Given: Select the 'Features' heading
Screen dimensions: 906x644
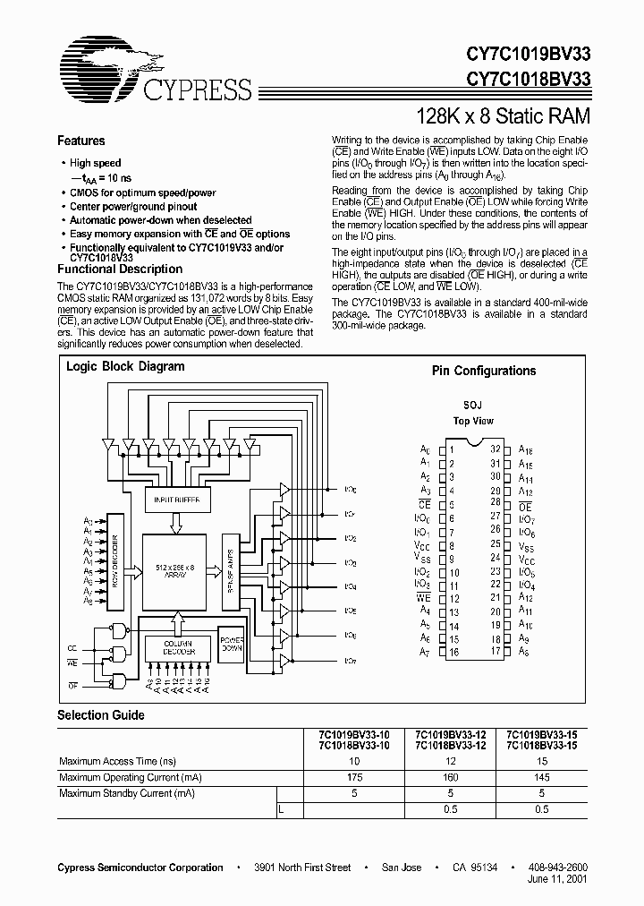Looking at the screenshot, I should pos(80,141).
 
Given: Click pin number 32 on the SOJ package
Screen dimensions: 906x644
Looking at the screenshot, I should pos(496,450).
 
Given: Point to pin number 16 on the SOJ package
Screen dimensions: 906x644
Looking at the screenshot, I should pos(453,653).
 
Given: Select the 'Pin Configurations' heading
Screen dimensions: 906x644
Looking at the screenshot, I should pos(484,371).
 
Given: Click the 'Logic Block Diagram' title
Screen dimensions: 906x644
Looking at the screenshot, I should pos(125,366).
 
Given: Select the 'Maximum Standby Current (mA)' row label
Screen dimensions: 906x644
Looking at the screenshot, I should pos(126,793).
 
